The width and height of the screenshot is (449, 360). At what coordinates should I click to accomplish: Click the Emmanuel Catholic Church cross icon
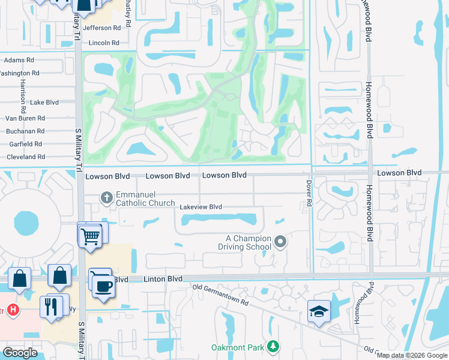click(106, 197)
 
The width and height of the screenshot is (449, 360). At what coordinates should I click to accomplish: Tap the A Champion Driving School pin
click(280, 242)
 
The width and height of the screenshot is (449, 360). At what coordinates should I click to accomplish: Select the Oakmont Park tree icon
click(273, 346)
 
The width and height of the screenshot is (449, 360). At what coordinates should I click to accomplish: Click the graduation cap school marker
click(319, 311)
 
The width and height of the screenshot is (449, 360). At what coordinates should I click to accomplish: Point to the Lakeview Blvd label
click(201, 207)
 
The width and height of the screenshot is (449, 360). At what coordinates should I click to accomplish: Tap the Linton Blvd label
click(163, 279)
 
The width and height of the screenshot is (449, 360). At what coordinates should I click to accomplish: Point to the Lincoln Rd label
click(104, 43)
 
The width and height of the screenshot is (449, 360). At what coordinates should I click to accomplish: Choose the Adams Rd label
click(19, 61)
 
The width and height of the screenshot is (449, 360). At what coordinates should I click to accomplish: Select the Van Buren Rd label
click(25, 118)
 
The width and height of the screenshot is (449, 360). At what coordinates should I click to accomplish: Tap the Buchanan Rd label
click(25, 131)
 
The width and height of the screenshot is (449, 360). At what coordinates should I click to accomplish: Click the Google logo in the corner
click(20, 353)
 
